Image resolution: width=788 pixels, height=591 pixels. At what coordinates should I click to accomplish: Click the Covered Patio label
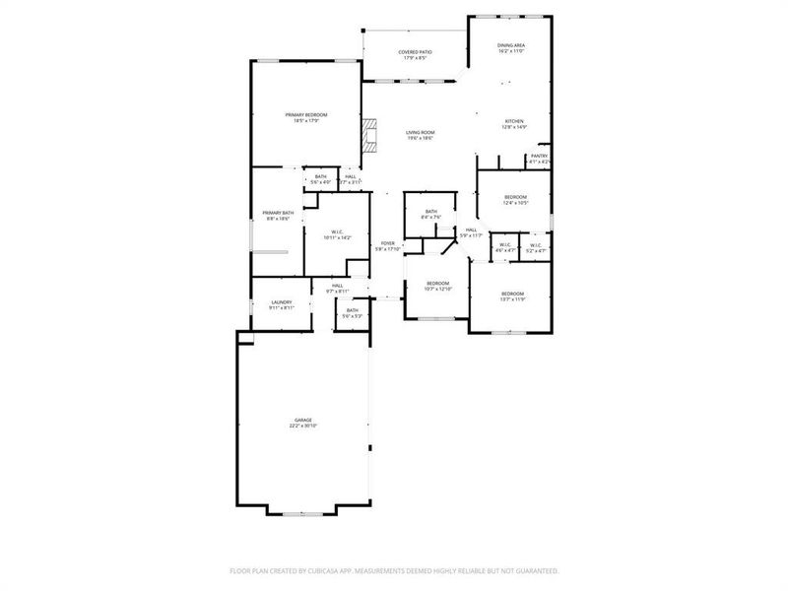click(415, 54)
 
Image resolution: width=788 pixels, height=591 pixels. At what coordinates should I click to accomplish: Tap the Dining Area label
click(510, 47)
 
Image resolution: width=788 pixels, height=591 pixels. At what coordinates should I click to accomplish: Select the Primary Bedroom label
click(306, 117)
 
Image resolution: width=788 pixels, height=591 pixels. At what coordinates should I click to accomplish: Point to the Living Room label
click(421, 135)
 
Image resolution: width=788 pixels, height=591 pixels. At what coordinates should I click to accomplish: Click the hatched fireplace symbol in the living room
click(368, 135)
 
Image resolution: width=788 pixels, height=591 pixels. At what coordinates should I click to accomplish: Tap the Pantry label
click(539, 158)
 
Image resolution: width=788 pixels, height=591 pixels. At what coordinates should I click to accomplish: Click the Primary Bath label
click(277, 216)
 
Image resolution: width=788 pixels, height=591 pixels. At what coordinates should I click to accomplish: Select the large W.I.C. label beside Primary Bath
click(337, 234)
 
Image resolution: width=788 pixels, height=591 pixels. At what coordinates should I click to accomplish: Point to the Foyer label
click(388, 245)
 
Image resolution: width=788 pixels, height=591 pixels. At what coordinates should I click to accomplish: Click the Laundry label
click(282, 304)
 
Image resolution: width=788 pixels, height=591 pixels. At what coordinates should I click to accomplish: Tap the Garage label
click(301, 423)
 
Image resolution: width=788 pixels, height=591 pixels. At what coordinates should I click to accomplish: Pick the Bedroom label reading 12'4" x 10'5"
click(516, 200)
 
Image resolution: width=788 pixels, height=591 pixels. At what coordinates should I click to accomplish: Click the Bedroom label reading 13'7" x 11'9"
click(512, 296)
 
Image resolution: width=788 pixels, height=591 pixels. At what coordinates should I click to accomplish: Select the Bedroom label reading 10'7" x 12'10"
click(437, 287)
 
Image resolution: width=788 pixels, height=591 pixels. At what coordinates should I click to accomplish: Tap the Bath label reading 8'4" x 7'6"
click(431, 214)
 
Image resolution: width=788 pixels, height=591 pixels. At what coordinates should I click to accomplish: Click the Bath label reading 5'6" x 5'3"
click(352, 313)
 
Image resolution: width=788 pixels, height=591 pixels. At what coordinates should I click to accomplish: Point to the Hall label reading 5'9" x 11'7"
click(471, 232)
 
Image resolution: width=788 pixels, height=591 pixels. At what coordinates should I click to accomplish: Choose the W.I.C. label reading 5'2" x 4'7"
click(535, 248)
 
